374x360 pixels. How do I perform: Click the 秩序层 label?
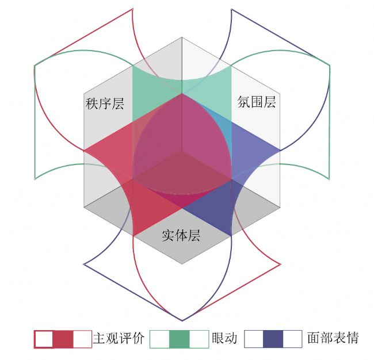pos(105,104)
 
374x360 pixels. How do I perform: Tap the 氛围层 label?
pos(257,102)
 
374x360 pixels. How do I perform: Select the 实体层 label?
pos(181,236)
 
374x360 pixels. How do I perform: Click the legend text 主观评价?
pos(119,338)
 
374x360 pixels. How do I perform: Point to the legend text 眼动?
pos(224,338)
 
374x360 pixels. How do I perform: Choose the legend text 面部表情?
pos(333,338)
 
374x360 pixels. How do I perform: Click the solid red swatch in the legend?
pos(63,339)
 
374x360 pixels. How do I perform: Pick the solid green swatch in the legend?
pos(180,339)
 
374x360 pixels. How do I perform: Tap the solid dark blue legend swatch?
pos(273,339)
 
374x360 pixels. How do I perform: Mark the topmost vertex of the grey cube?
pos(182,37)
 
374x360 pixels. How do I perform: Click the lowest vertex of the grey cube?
pos(182,264)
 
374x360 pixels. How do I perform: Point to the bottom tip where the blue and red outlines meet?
pos(182,321)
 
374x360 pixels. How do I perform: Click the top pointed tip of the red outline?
pos(132,9)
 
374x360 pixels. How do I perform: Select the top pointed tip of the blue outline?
pos(231,9)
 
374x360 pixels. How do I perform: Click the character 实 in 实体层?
pos(168,236)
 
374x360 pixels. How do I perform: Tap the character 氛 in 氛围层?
pos(244,102)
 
